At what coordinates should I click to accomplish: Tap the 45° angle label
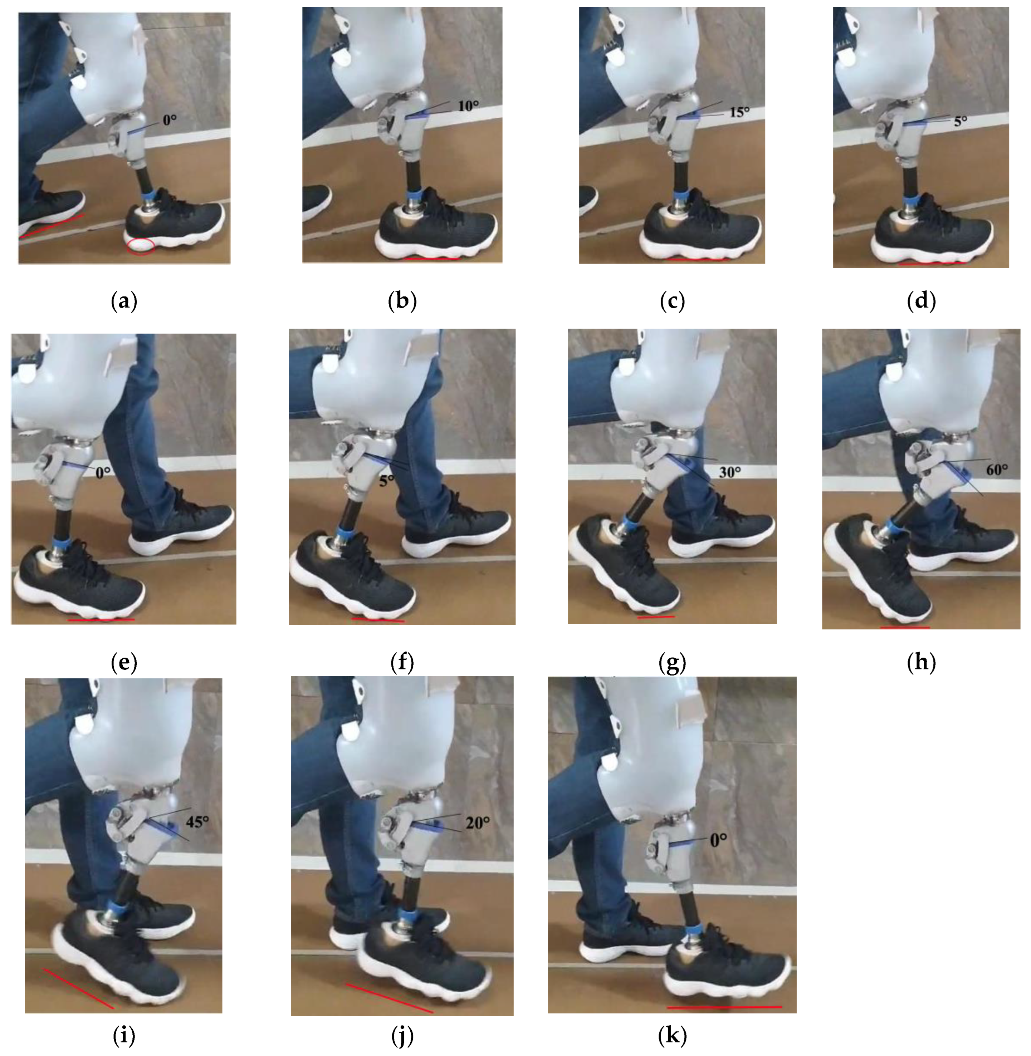[x=197, y=822]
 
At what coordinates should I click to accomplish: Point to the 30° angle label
[x=730, y=472]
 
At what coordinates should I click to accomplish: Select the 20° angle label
[x=478, y=823]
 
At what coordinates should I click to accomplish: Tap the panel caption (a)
[x=124, y=300]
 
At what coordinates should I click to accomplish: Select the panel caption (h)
[x=920, y=662]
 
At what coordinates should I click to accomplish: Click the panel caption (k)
[x=672, y=1035]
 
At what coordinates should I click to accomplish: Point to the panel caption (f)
[x=402, y=662]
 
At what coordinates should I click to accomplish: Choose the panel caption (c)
[x=672, y=300]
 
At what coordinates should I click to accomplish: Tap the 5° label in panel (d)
[x=960, y=121]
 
